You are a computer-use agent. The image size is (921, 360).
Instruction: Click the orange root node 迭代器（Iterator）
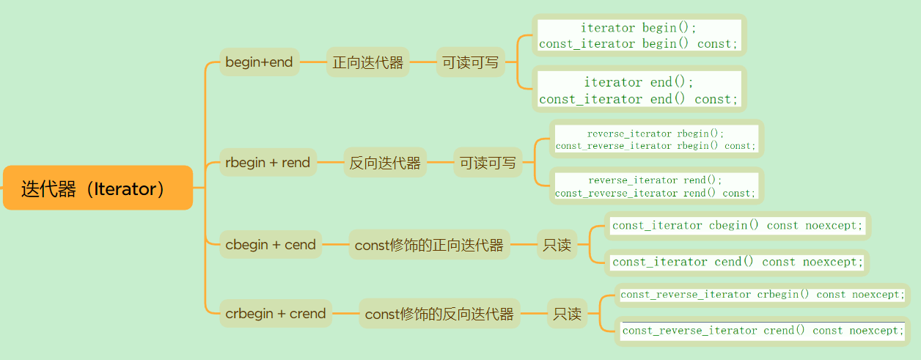coord(98,188)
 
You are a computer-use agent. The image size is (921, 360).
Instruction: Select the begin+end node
coord(259,62)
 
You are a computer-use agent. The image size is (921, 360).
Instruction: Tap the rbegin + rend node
coord(268,162)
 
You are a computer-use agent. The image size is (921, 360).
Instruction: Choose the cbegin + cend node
coord(271,244)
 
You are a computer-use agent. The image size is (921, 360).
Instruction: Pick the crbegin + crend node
coord(276,313)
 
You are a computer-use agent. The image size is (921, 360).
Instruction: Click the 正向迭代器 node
coord(367,62)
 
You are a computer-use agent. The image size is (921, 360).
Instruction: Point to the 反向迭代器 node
coord(385,163)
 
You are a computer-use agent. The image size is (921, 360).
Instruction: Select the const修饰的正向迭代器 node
coord(429,245)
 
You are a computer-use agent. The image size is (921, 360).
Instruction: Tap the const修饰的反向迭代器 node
coord(439,314)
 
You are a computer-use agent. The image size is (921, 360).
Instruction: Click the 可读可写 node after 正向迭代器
coord(470,62)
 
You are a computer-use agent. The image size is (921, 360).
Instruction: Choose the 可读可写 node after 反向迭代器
coord(488,163)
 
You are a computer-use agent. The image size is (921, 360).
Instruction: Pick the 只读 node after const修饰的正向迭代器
coord(557,245)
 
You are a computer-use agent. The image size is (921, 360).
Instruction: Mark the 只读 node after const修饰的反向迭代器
coord(568,314)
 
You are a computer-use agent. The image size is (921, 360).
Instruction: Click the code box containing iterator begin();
coord(639,35)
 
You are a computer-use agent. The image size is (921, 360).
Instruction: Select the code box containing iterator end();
coord(639,90)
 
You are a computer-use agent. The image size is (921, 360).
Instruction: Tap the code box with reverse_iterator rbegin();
coord(656,139)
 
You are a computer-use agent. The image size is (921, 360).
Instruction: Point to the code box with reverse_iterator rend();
coord(655,186)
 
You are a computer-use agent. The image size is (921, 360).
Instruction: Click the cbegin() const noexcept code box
coord(738,225)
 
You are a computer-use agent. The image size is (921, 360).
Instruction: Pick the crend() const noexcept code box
coord(763,330)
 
